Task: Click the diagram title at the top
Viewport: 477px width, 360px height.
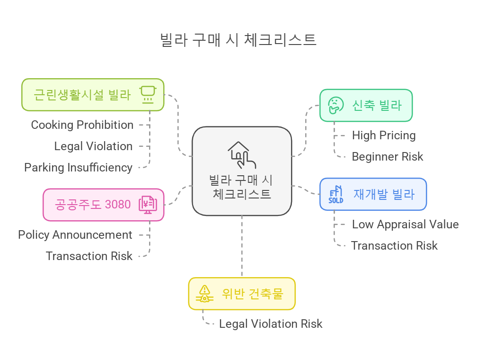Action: point(238,40)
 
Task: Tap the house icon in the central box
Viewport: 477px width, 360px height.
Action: point(241,154)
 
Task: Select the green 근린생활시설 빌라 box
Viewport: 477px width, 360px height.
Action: point(93,95)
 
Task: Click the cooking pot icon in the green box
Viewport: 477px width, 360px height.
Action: point(148,94)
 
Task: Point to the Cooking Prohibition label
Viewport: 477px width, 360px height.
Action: point(82,125)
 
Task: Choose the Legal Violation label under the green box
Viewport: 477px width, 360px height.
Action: point(93,146)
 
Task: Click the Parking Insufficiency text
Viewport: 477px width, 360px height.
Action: point(79,168)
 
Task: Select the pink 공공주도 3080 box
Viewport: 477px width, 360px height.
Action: point(103,205)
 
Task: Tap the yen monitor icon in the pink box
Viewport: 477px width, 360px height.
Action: point(148,205)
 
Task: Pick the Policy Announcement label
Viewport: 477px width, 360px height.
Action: point(75,235)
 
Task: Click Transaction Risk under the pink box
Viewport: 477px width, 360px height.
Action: point(89,256)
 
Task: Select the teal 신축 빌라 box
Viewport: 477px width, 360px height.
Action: point(366,105)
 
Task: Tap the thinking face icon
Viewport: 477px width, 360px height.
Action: point(336,105)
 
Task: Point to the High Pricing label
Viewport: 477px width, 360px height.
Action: point(384,135)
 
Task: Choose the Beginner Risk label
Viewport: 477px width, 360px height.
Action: point(388,157)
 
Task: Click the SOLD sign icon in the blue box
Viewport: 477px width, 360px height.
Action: point(336,194)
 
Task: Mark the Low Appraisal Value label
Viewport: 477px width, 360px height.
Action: point(406,225)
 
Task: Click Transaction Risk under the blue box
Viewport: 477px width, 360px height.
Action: point(394,246)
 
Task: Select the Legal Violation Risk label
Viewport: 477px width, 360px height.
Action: point(271,324)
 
